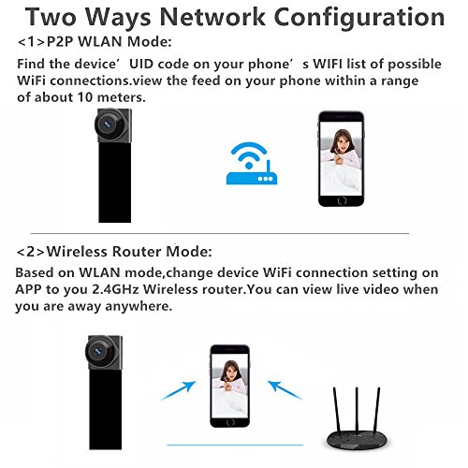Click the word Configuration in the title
click(x=359, y=18)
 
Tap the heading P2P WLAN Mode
click(x=109, y=42)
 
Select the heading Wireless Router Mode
click(x=129, y=252)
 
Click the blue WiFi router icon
click(x=252, y=163)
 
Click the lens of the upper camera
click(x=108, y=124)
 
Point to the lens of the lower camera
click(x=97, y=352)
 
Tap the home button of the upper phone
click(x=342, y=200)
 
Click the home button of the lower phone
click(x=230, y=422)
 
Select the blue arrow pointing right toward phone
click(x=178, y=390)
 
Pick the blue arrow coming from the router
click(x=285, y=390)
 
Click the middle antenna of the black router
click(x=357, y=410)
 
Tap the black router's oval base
click(x=357, y=440)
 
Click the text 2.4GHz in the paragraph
click(x=115, y=289)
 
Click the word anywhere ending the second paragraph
click(x=139, y=306)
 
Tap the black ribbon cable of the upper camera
click(x=115, y=182)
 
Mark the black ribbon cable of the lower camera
click(x=105, y=408)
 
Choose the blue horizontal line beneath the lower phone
click(x=235, y=446)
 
